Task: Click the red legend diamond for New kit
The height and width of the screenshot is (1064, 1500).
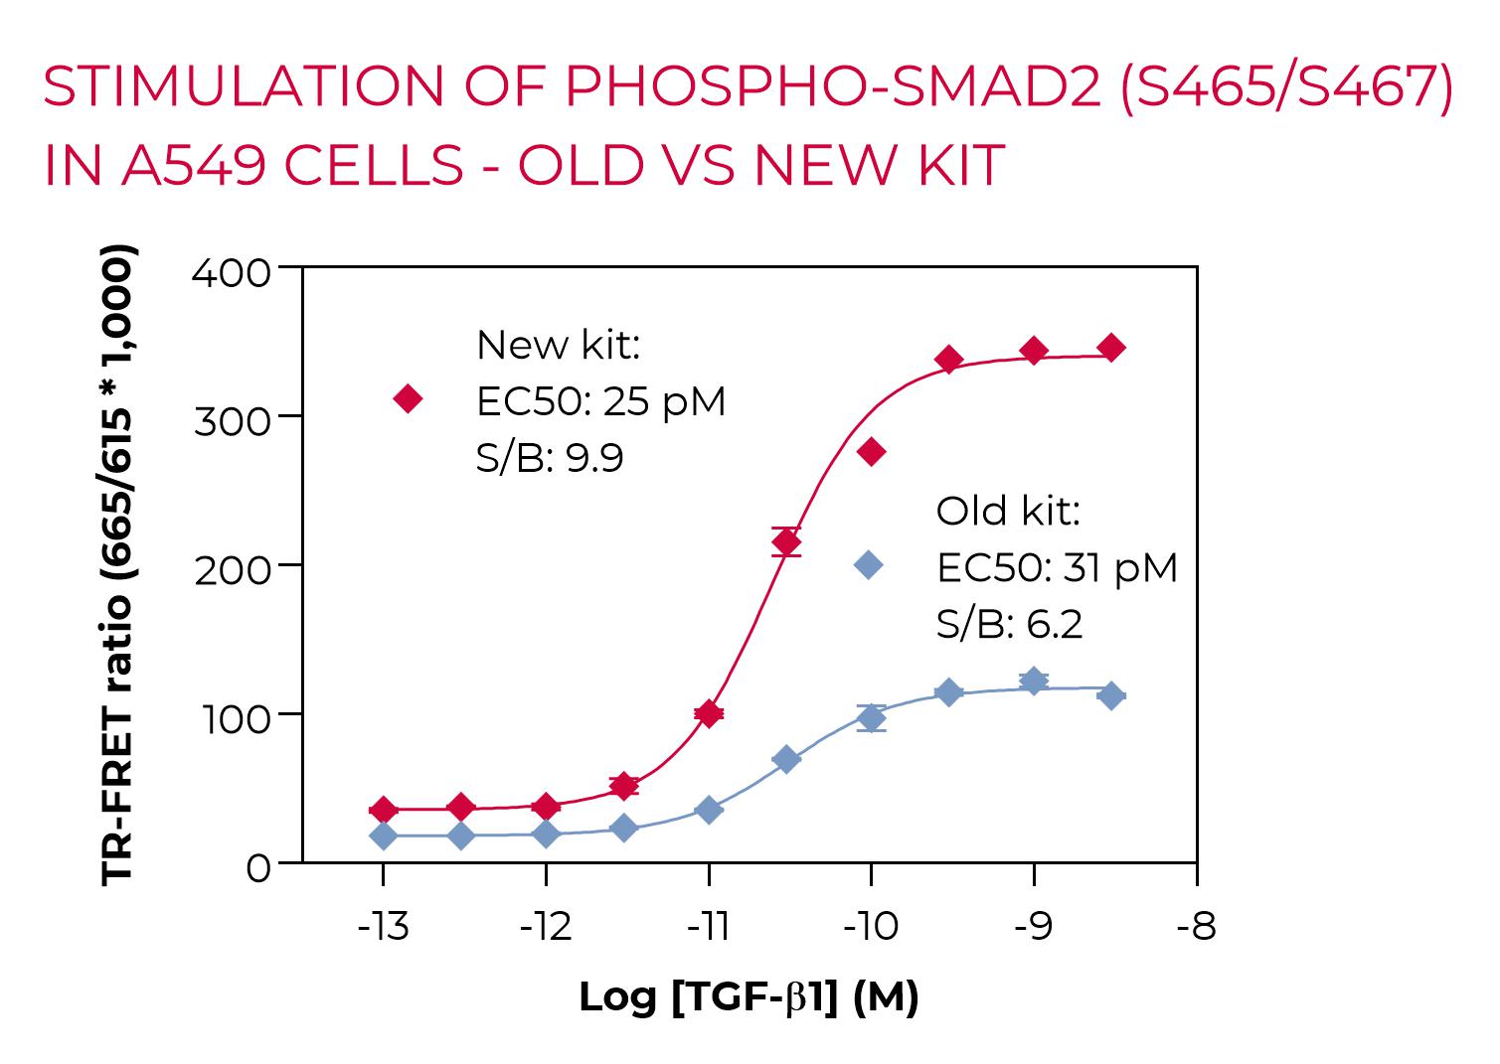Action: [x=408, y=399]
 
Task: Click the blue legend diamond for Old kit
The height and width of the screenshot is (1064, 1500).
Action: [x=869, y=565]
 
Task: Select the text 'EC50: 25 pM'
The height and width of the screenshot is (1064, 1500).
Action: [x=601, y=401]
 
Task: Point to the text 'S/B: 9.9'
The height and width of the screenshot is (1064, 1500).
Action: [x=550, y=458]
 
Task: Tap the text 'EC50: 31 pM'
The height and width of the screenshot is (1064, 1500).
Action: [x=1057, y=568]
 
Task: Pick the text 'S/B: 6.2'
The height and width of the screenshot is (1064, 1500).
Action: [x=1009, y=624]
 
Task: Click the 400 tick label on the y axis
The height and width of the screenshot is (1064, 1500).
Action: [x=232, y=272]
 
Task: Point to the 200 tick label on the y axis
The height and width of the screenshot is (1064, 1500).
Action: [x=232, y=570]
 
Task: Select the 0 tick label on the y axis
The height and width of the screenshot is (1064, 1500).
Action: [x=257, y=868]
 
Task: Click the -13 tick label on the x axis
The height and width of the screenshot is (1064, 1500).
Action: [x=383, y=927]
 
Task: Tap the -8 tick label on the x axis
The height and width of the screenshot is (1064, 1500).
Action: [x=1196, y=927]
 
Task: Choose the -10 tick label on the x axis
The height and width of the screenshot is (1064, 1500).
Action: [x=871, y=927]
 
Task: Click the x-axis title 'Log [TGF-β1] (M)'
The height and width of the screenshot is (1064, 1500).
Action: [x=749, y=996]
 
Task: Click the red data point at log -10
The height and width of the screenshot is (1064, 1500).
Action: [x=871, y=453]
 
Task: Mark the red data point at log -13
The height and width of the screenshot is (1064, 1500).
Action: [x=383, y=810]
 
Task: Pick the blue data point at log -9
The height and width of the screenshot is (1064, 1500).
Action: [x=1034, y=682]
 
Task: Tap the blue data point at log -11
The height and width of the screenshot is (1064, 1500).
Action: [x=709, y=811]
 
